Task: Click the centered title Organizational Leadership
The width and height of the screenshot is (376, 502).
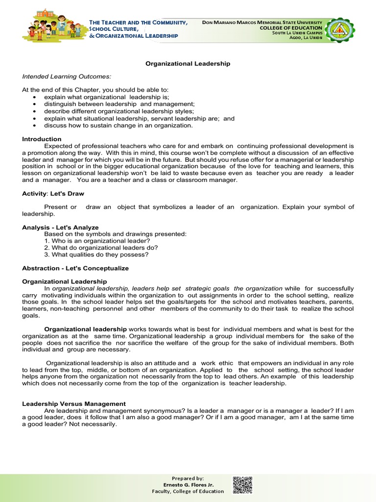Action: click(x=188, y=64)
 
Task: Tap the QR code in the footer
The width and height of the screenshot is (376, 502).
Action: click(x=242, y=484)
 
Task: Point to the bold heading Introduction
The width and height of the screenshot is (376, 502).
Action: click(x=42, y=139)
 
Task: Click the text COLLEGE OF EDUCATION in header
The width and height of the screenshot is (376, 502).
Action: click(x=291, y=28)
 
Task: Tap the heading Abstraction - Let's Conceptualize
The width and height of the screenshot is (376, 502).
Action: click(x=75, y=268)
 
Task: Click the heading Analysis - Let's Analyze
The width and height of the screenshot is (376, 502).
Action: click(x=60, y=227)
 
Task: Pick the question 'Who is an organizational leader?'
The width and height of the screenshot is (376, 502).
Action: click(x=97, y=241)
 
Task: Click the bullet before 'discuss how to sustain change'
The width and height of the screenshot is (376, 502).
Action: click(x=34, y=125)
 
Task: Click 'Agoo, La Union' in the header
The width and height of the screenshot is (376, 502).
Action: click(x=305, y=38)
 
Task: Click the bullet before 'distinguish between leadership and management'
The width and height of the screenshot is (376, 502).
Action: click(x=34, y=104)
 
